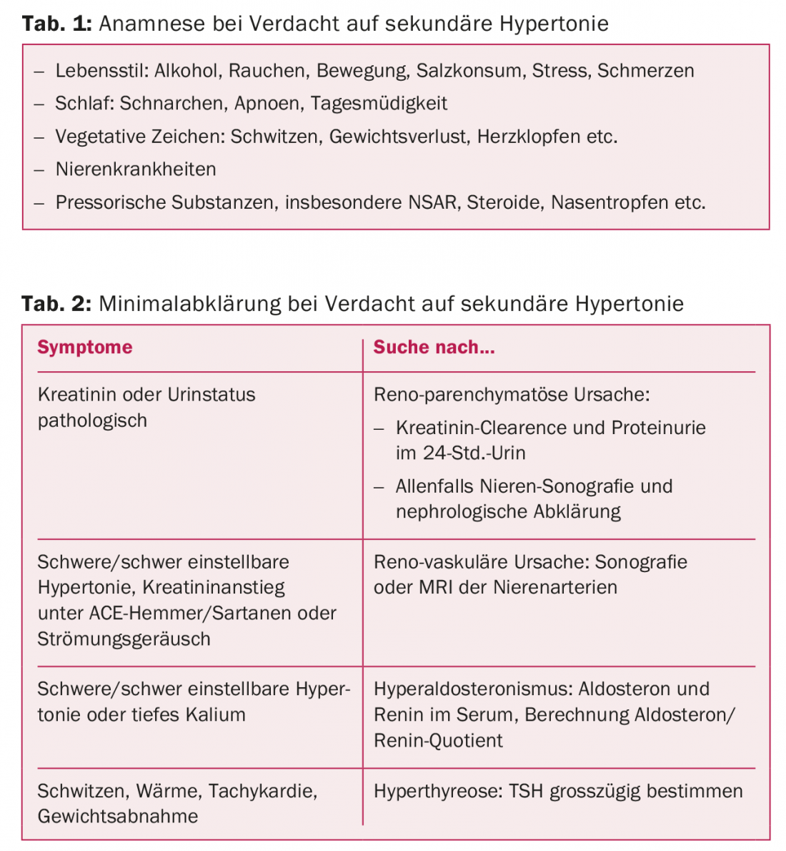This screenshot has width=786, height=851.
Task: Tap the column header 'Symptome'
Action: [85, 348]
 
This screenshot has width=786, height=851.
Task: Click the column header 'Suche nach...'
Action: [434, 348]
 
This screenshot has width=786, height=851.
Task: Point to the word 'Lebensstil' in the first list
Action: [100, 71]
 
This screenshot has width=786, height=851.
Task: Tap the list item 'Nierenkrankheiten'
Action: [136, 169]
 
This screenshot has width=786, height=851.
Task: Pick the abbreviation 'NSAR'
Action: [432, 202]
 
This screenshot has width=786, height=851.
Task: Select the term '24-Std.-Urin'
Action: [474, 453]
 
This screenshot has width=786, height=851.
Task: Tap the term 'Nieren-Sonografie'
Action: [557, 486]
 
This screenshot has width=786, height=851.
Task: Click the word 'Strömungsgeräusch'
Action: [124, 639]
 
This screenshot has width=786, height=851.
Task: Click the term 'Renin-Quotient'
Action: [438, 740]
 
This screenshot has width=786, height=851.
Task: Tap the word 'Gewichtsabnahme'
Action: [118, 817]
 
